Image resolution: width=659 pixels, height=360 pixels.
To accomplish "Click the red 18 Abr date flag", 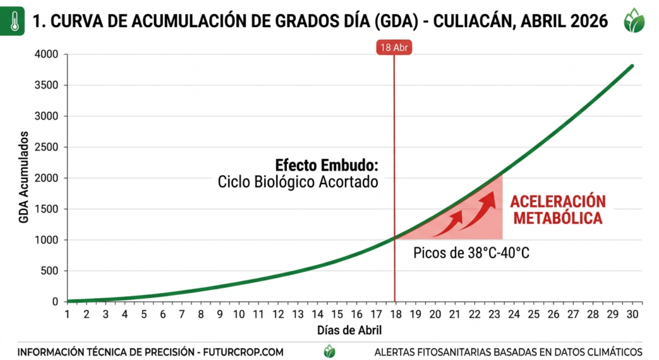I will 394,47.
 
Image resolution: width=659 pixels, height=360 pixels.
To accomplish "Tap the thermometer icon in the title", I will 13,20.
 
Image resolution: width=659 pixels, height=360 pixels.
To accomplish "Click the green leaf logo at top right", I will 635,21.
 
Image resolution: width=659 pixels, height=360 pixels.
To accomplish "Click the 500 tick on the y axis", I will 50,271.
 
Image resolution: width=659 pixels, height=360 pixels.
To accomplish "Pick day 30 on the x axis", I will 632,314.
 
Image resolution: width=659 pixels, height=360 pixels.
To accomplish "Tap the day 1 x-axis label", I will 67,314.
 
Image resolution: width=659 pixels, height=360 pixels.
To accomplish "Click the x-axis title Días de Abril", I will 349,331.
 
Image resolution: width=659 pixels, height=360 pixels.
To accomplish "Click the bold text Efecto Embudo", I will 326,165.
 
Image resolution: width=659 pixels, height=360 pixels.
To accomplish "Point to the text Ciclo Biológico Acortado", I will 297,182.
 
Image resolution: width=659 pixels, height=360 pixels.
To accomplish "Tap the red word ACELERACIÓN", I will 558,201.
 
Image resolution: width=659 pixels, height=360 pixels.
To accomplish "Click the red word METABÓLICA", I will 557,218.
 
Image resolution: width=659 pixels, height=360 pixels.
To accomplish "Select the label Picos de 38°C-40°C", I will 471,252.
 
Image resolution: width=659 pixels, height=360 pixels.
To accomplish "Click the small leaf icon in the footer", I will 329,351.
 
